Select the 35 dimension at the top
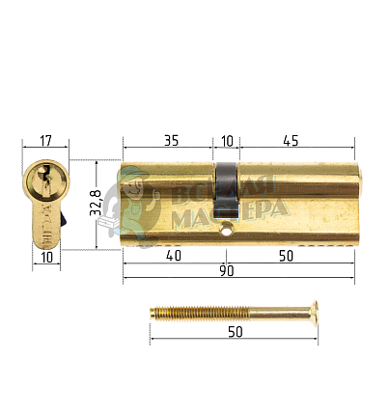tap(170, 140)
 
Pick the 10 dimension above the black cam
tap(227, 140)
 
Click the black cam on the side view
tap(226, 188)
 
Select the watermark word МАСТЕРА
tap(228, 214)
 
